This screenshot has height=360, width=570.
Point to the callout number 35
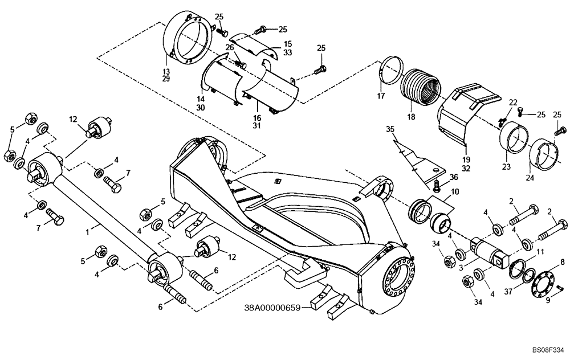pos(389,129)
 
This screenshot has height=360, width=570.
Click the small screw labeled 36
pos(437,185)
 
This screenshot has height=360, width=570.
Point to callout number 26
pos(230,47)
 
